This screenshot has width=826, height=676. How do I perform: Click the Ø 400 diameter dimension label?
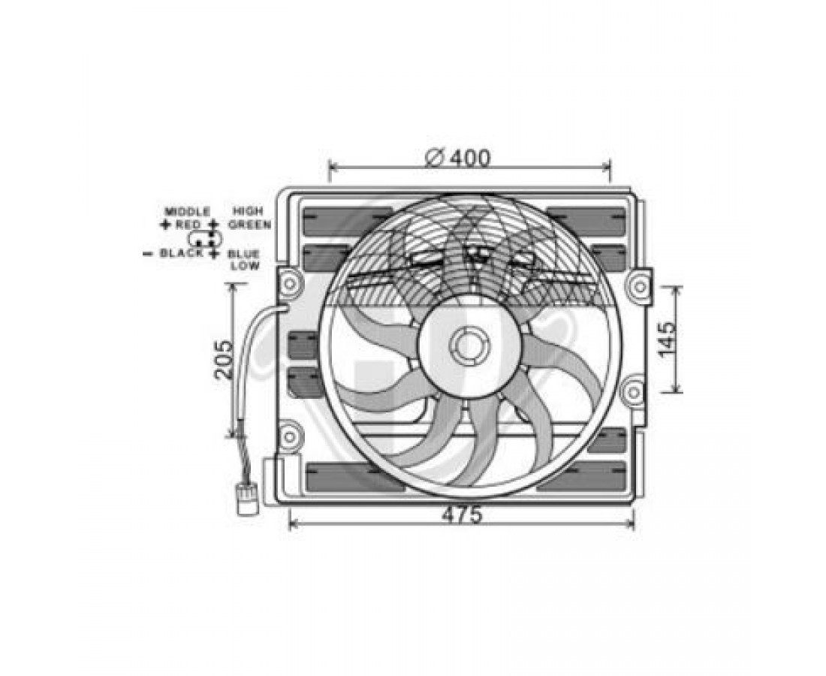coord(457,158)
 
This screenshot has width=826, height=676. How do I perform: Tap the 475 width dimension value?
coord(462,515)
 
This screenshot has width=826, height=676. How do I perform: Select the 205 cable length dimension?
coord(225,360)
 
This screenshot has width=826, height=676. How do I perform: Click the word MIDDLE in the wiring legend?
coord(188,212)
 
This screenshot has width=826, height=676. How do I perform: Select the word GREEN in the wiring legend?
coord(250,225)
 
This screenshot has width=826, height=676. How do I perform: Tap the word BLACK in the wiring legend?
coord(181,253)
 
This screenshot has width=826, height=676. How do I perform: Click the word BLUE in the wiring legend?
coord(243,254)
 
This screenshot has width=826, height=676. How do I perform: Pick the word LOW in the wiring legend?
coord(245,266)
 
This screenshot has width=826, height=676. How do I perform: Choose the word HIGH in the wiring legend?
coord(248,212)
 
